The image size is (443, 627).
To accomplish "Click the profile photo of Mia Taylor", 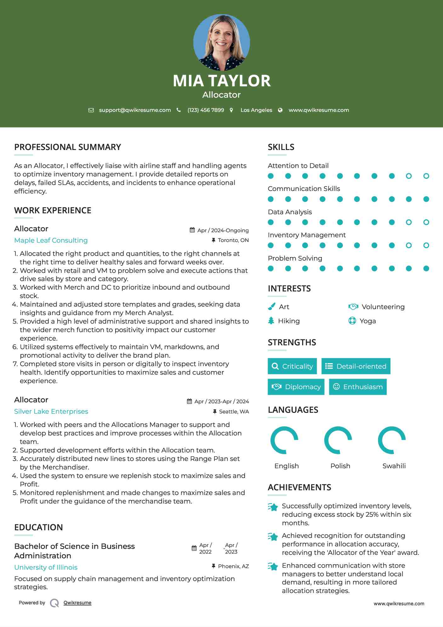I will pyautogui.click(x=221, y=42).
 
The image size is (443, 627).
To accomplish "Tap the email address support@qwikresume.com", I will pyautogui.click(x=135, y=110).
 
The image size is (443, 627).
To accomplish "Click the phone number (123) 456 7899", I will pyautogui.click(x=206, y=110).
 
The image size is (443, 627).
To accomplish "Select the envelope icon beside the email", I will pyautogui.click(x=91, y=110).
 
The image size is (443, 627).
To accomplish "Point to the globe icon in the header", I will pyautogui.click(x=280, y=110).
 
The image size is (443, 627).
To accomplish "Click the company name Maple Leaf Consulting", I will pyautogui.click(x=51, y=240).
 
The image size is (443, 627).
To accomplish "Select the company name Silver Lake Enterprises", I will pyautogui.click(x=51, y=411).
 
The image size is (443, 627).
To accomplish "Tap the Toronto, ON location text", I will pyautogui.click(x=233, y=240).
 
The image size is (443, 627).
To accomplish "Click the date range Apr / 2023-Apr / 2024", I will pyautogui.click(x=221, y=401).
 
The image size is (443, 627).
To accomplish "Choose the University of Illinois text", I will pyautogui.click(x=46, y=567).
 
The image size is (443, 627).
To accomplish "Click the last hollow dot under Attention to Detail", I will pyautogui.click(x=426, y=176).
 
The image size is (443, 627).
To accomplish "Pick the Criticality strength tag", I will pyautogui.click(x=292, y=366).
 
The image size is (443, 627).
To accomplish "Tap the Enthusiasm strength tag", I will pyautogui.click(x=358, y=387).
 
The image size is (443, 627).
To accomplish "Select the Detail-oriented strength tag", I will pyautogui.click(x=356, y=366).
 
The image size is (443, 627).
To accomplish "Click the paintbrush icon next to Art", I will pyautogui.click(x=271, y=307).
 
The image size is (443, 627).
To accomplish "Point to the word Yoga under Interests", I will pyautogui.click(x=368, y=321).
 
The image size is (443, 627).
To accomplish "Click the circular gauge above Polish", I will pyautogui.click(x=338, y=440).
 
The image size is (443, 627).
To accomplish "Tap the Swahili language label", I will pyautogui.click(x=394, y=466).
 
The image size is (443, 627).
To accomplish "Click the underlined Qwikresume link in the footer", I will pyautogui.click(x=77, y=603).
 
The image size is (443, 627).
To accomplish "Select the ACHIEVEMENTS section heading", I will pyautogui.click(x=299, y=487).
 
